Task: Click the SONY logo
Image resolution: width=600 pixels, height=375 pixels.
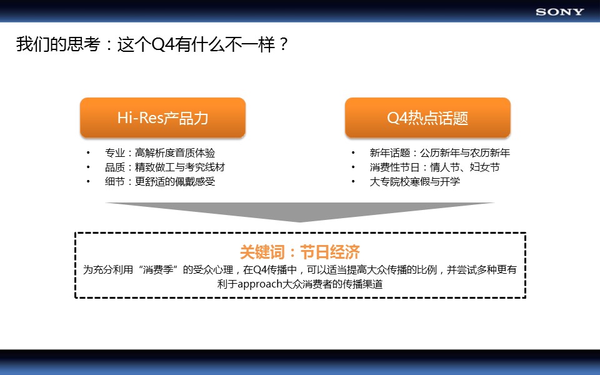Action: pos(560,12)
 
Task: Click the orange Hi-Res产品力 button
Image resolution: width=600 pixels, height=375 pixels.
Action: pos(162,117)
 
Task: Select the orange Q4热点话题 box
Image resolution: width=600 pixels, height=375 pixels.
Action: pos(427,117)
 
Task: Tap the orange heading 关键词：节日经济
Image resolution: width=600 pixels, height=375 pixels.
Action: pos(299,252)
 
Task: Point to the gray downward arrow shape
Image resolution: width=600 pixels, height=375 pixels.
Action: pos(300,212)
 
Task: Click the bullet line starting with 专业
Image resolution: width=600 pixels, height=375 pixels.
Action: pos(160,153)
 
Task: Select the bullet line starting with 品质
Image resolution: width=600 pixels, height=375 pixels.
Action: pos(165,167)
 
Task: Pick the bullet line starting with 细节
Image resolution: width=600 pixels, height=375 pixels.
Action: pos(160,181)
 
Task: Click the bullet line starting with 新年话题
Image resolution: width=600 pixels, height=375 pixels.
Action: pos(439,153)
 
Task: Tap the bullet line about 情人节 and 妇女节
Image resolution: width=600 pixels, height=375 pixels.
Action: pos(435,167)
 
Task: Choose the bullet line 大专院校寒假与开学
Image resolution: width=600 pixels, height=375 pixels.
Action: pos(415,181)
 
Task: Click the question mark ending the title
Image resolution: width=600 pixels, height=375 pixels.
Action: pos(284,44)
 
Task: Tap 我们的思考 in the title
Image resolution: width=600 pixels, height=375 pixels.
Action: pos(58,44)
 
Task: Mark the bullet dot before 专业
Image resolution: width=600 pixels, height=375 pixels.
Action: pos(88,152)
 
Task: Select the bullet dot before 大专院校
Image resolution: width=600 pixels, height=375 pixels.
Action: pos(353,181)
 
